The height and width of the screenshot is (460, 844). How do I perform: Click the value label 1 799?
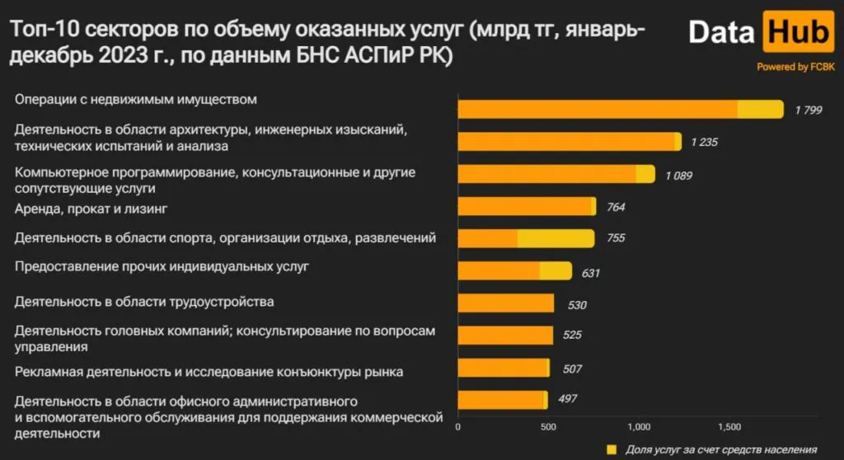(809, 110)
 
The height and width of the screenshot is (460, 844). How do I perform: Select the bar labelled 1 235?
(569, 142)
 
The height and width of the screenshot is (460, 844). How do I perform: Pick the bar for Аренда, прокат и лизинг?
(526, 206)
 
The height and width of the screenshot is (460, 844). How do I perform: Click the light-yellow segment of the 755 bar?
(556, 238)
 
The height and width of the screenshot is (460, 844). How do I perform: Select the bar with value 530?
(505, 303)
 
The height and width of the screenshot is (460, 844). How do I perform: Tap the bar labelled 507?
(503, 368)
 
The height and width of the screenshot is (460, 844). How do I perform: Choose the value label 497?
(568, 399)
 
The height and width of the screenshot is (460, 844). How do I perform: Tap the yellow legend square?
(611, 449)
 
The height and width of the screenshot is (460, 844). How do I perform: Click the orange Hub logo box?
(798, 33)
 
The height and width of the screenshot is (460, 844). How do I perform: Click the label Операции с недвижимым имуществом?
(137, 100)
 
